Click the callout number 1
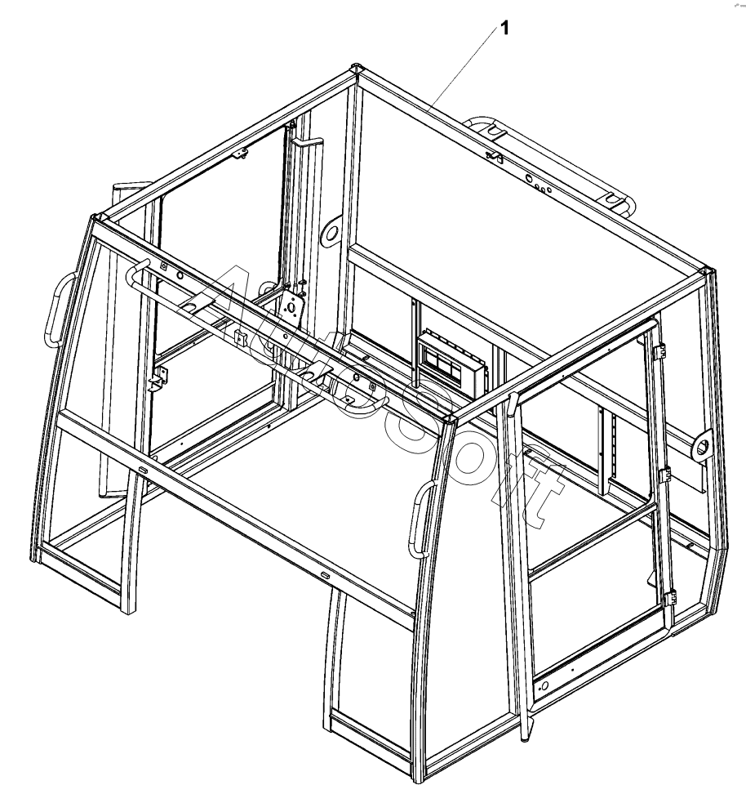click(504, 29)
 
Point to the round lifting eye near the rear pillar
click(331, 234)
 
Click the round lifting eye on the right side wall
click(702, 446)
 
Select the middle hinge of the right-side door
click(664, 475)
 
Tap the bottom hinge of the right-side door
click(670, 598)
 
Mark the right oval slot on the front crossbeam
click(324, 575)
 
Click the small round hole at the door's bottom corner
click(544, 686)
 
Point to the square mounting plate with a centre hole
click(291, 309)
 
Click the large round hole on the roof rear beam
click(529, 178)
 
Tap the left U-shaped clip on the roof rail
click(495, 132)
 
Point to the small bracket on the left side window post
click(158, 378)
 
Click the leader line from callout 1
click(462, 70)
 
